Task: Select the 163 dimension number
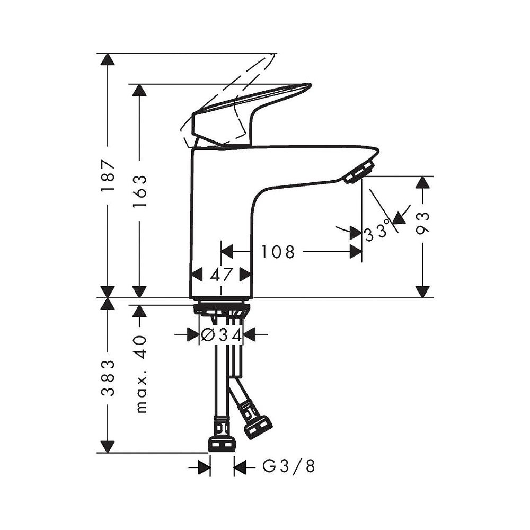point(139,191)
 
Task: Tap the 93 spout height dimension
point(423,223)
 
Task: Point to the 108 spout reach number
point(278,252)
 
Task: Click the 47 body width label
point(222,275)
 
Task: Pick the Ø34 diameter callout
point(222,335)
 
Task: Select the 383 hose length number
point(108,378)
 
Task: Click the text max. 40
point(140,374)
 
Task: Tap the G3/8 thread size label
point(289,466)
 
